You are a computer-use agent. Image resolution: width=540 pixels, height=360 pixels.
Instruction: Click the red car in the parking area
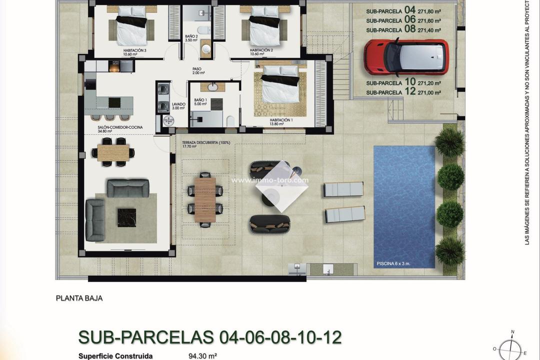point(406,56)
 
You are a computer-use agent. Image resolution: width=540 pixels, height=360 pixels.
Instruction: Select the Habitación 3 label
point(134,51)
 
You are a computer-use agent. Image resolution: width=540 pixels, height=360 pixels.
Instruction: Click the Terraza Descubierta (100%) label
point(206,142)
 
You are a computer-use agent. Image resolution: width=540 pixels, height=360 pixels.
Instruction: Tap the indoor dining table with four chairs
point(113,152)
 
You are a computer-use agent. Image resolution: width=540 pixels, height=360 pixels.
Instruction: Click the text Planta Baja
point(79,298)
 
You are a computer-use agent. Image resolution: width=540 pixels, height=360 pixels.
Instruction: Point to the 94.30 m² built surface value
point(199,356)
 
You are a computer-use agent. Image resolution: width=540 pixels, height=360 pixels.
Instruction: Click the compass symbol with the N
point(512,347)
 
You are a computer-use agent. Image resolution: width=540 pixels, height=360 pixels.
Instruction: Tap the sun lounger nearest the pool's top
point(343,189)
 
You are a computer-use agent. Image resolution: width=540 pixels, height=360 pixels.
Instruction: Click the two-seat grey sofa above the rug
point(128,187)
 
